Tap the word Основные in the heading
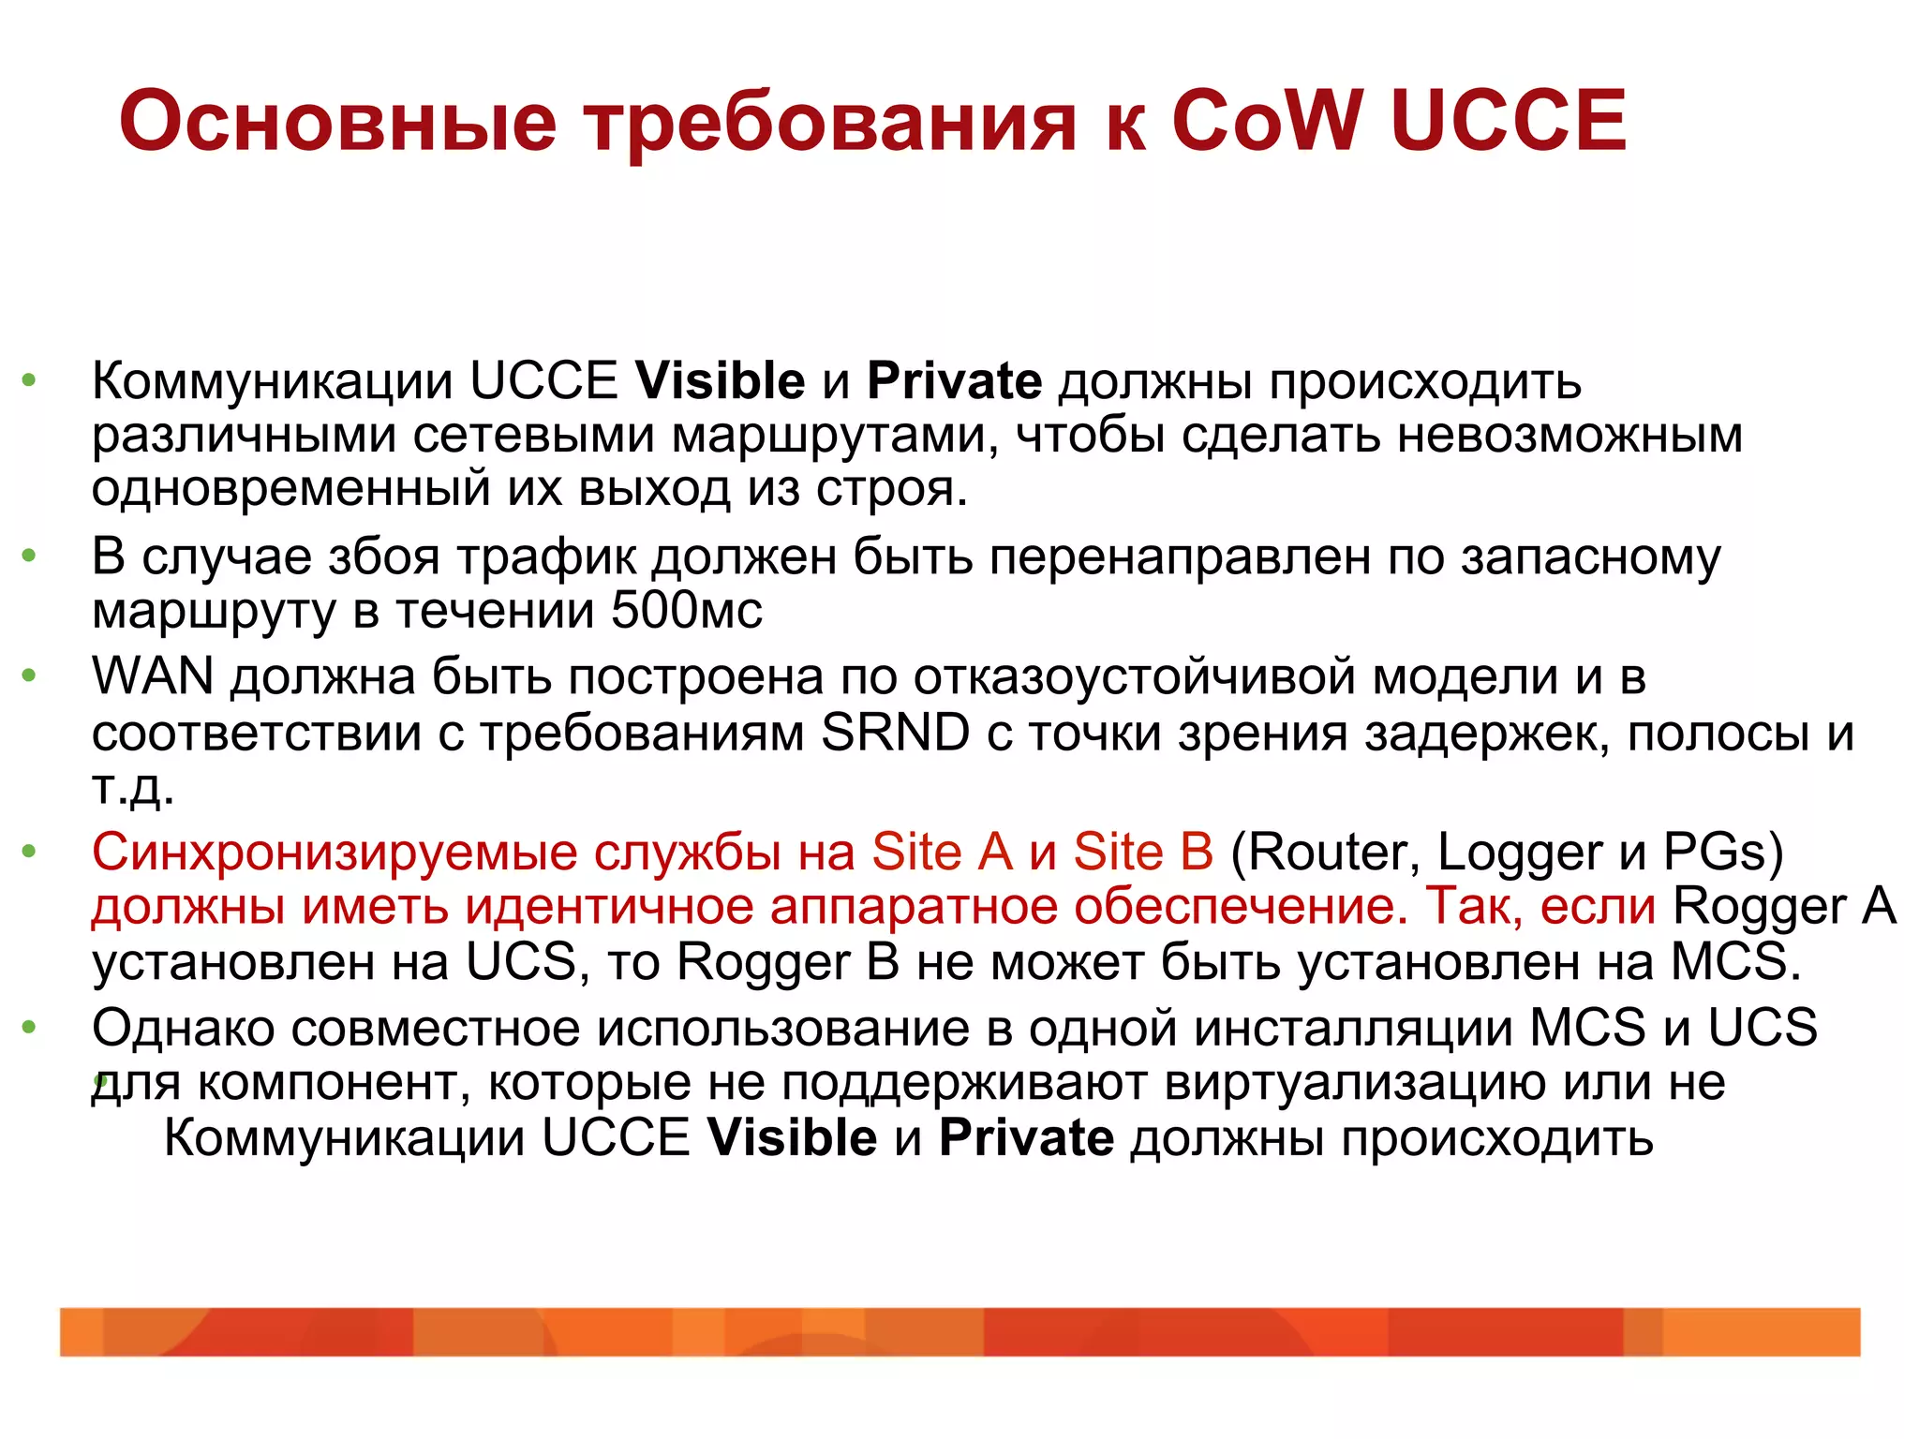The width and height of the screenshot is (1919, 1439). (338, 123)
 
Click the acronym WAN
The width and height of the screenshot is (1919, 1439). (153, 676)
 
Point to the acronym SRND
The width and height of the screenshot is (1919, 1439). (895, 733)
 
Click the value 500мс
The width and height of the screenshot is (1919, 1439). (687, 611)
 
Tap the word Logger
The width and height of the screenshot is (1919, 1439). (1520, 853)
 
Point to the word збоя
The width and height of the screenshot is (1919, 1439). (384, 557)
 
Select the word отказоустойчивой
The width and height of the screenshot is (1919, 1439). (1135, 676)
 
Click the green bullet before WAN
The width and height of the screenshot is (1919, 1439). (29, 675)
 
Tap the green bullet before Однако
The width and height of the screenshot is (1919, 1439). (29, 1028)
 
